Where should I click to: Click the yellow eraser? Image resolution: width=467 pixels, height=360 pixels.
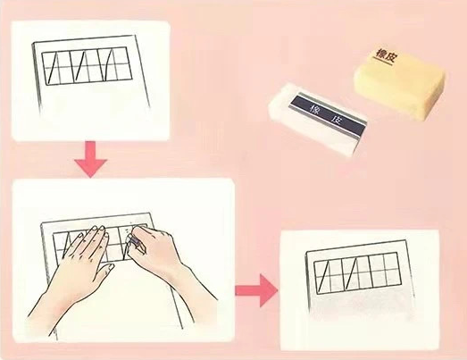pyautogui.click(x=400, y=82)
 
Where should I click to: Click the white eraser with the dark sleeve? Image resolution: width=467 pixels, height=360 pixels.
pyautogui.click(x=318, y=119)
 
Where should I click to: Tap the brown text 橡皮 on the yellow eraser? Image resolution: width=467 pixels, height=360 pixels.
pyautogui.click(x=386, y=55)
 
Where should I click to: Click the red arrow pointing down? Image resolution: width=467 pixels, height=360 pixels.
pyautogui.click(x=90, y=159)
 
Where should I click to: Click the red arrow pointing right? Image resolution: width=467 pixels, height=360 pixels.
pyautogui.click(x=256, y=290)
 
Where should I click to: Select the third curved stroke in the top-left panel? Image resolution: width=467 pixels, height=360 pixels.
pyautogui.click(x=108, y=65)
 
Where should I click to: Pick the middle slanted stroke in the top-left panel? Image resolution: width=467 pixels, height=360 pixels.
pyautogui.click(x=80, y=66)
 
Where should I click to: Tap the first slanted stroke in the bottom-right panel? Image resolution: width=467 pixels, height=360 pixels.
pyautogui.click(x=324, y=276)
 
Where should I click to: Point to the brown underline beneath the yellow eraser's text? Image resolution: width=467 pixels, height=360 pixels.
pyautogui.click(x=383, y=62)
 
